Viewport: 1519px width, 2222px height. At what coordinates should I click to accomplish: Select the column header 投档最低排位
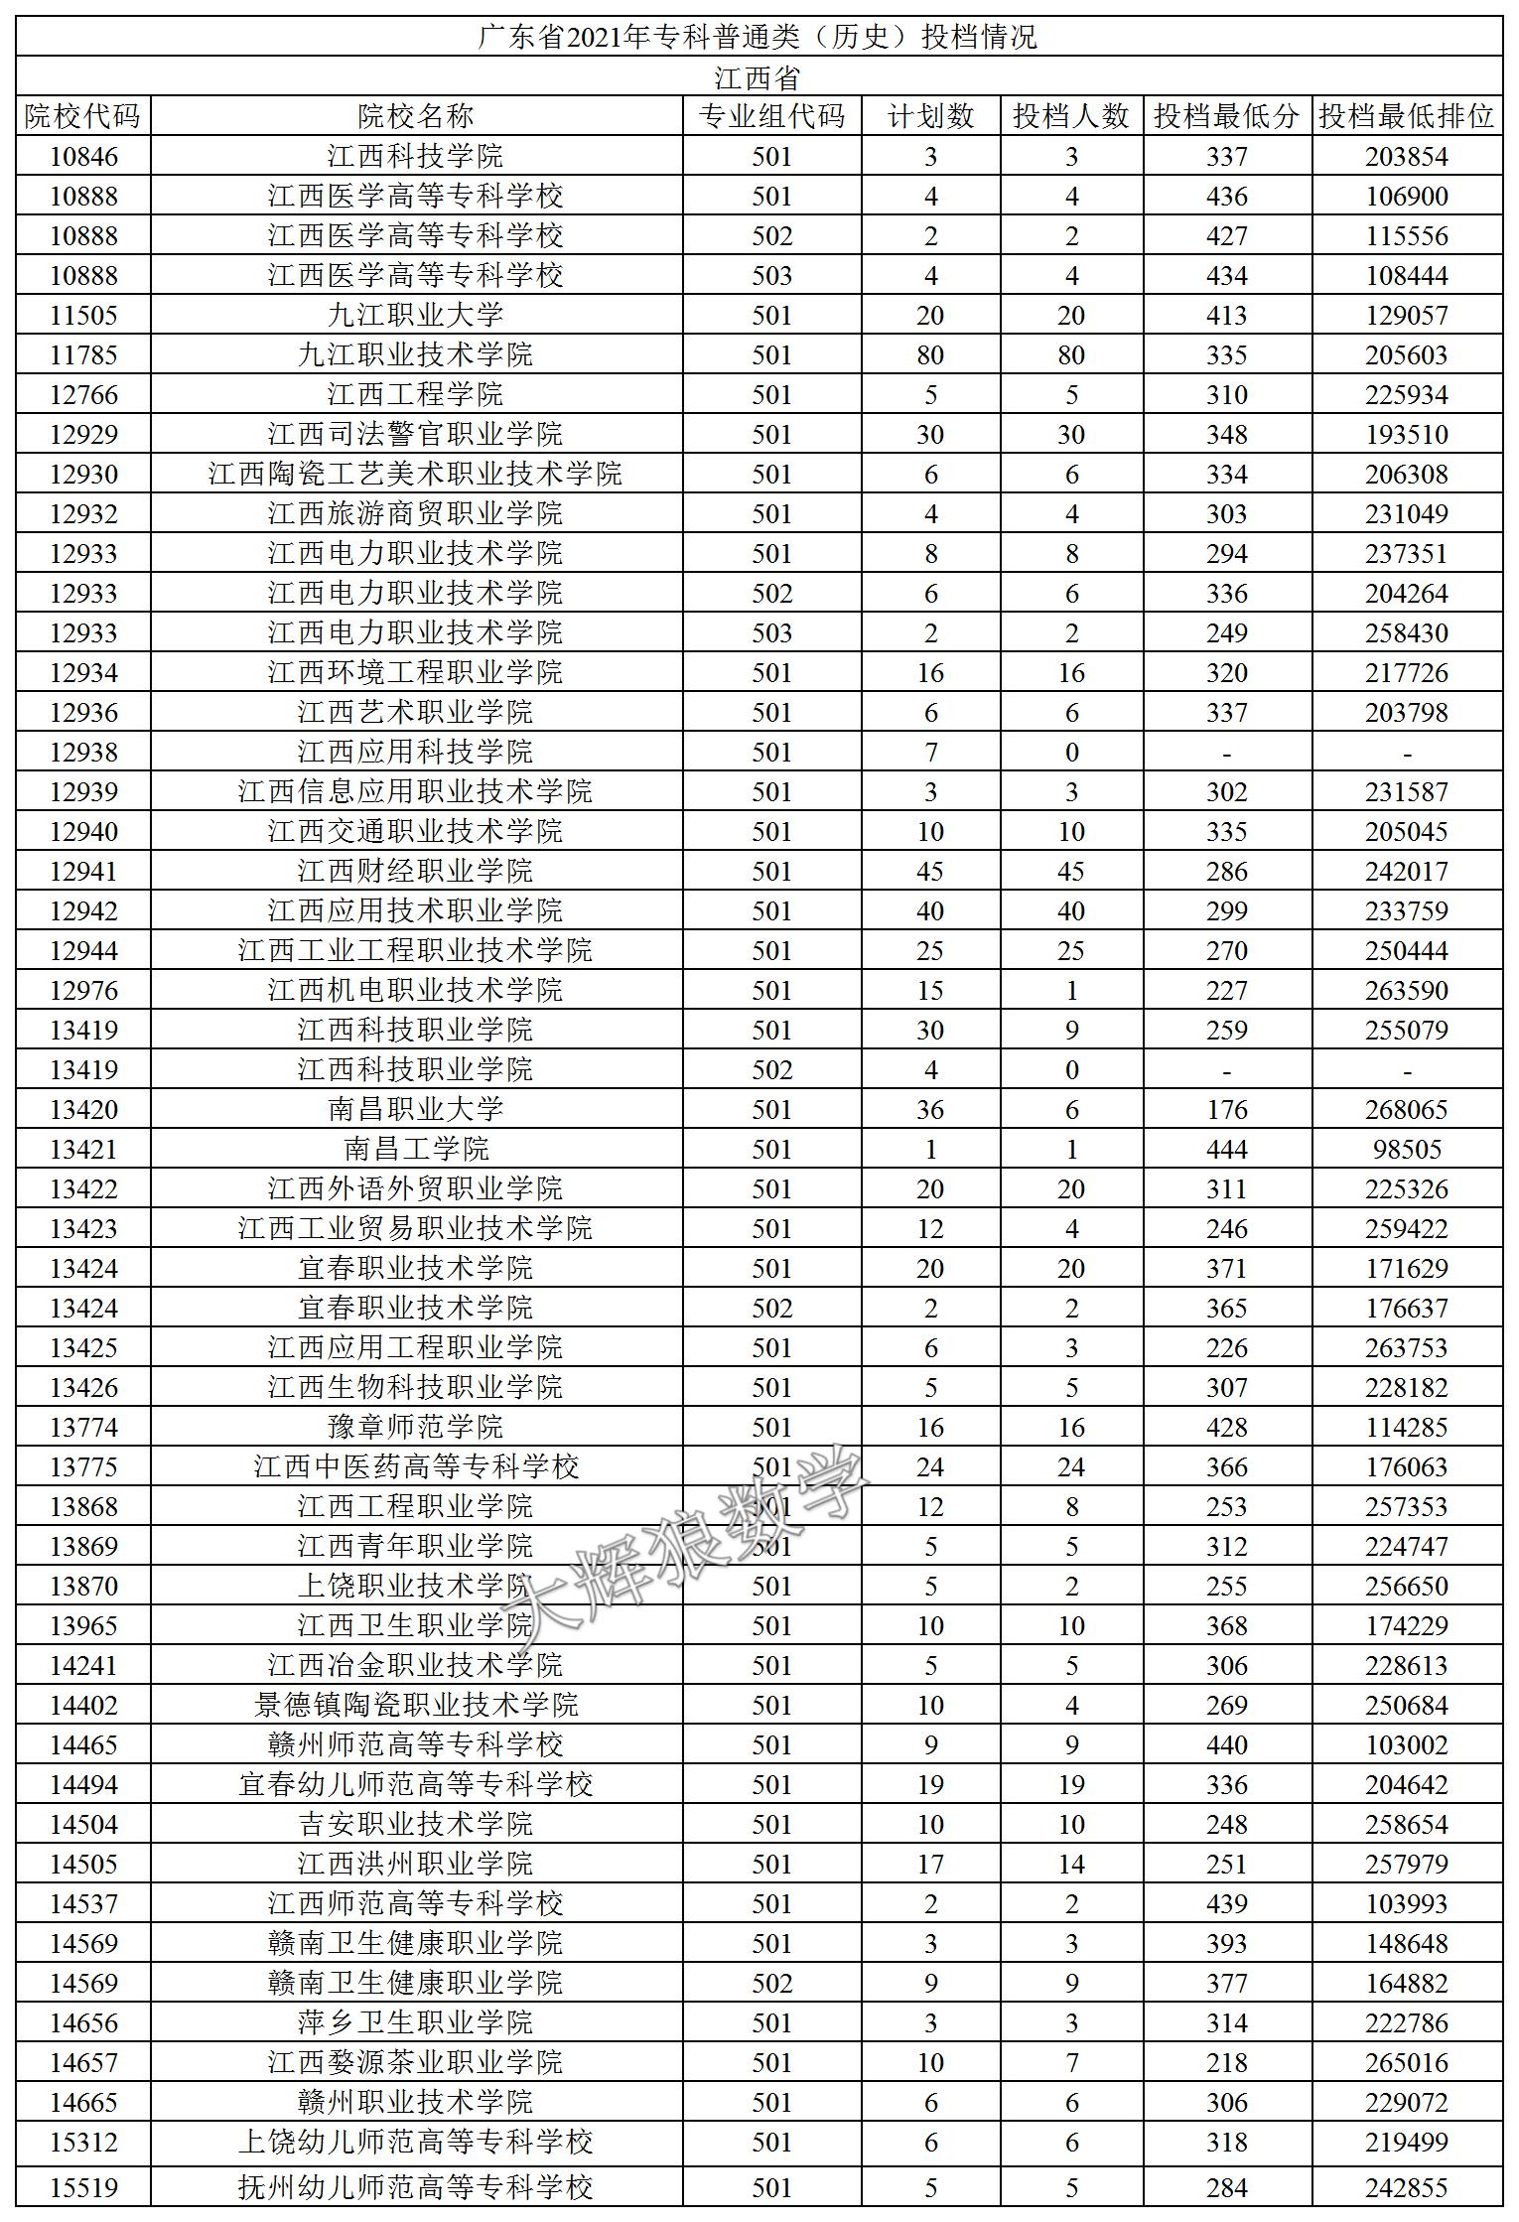tap(1406, 116)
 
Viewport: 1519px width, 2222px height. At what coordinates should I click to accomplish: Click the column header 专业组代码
tap(771, 116)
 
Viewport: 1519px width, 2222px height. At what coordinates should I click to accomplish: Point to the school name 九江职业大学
tap(415, 315)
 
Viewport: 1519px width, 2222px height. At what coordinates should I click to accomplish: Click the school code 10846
tap(83, 156)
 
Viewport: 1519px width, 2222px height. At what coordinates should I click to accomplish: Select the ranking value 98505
tap(1406, 1149)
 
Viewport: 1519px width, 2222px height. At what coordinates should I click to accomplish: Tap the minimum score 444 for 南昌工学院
tap(1226, 1149)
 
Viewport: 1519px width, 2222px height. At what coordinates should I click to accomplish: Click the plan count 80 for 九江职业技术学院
tap(930, 354)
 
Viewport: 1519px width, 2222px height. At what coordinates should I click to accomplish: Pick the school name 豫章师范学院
tap(415, 1427)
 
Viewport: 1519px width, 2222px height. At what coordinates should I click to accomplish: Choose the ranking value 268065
tap(1406, 1109)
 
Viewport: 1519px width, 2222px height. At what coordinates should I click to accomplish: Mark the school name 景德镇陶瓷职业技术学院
tap(415, 1705)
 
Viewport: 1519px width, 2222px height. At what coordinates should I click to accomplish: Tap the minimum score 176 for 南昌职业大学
tap(1226, 1109)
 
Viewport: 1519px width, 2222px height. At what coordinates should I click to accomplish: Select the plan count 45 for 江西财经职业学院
tap(930, 871)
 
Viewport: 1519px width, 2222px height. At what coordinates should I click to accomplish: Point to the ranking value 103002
tap(1406, 1744)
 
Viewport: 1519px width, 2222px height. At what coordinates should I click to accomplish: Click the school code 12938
tap(83, 752)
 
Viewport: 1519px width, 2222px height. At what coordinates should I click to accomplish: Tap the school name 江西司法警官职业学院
tap(415, 434)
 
